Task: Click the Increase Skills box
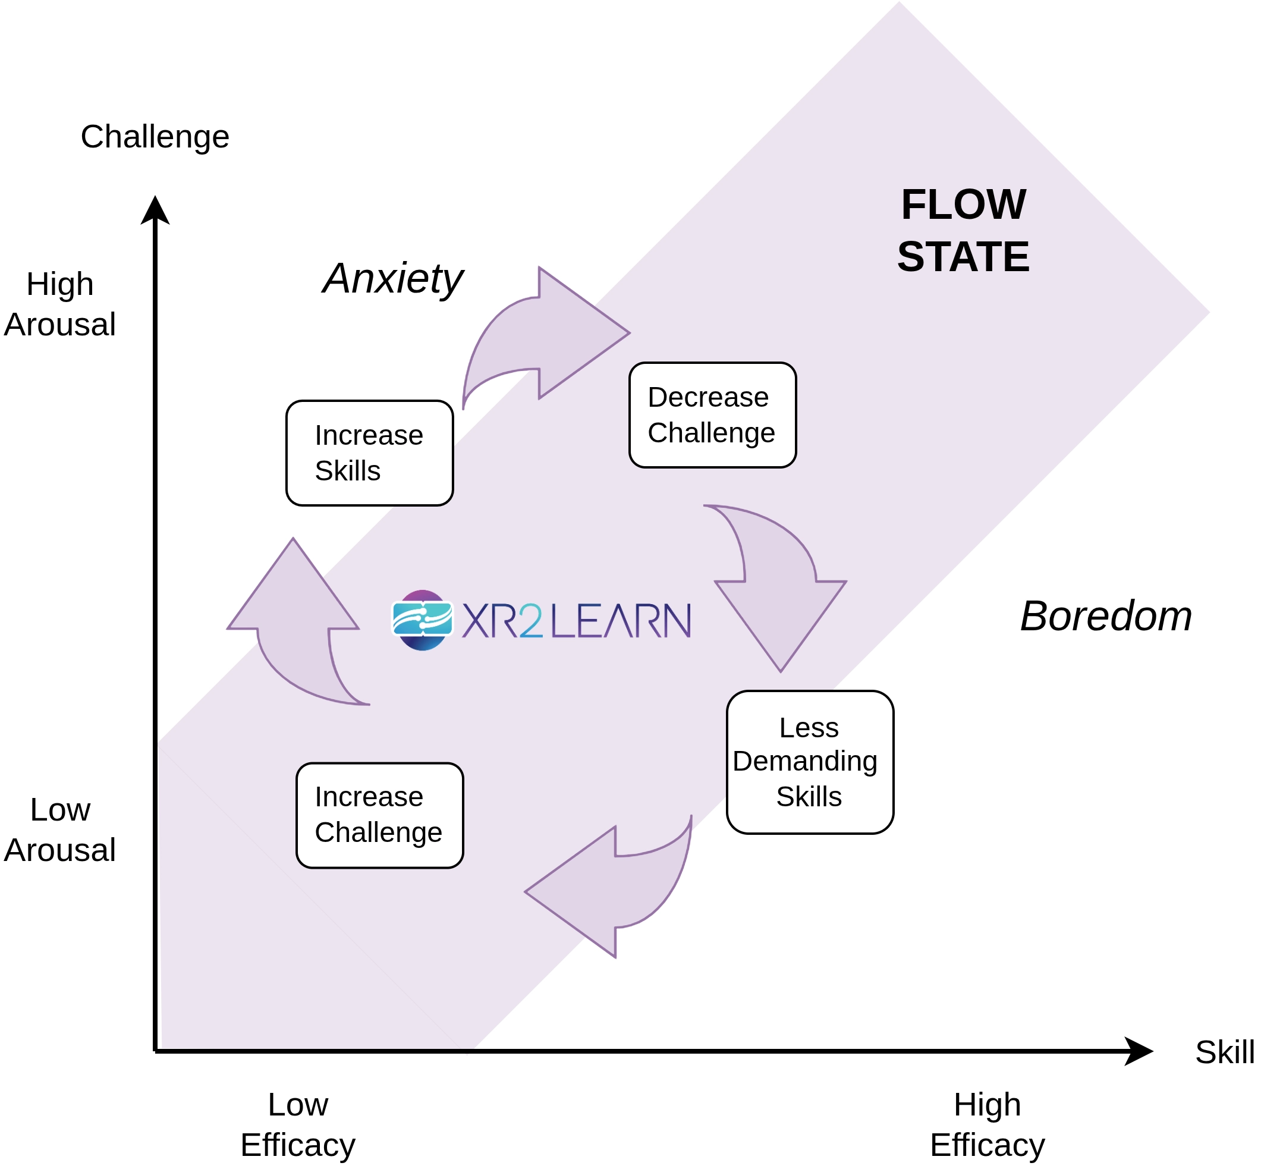tap(369, 453)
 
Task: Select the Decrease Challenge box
tap(712, 415)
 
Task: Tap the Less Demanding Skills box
tap(810, 762)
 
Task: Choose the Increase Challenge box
tap(379, 815)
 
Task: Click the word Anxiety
tap(393, 278)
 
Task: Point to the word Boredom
tap(1105, 616)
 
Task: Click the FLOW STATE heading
tap(963, 230)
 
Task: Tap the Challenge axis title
tap(155, 137)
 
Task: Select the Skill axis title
tap(1224, 1052)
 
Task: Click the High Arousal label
tap(59, 304)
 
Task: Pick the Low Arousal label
tap(59, 829)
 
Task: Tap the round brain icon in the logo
tap(423, 620)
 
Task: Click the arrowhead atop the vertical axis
tap(155, 210)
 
